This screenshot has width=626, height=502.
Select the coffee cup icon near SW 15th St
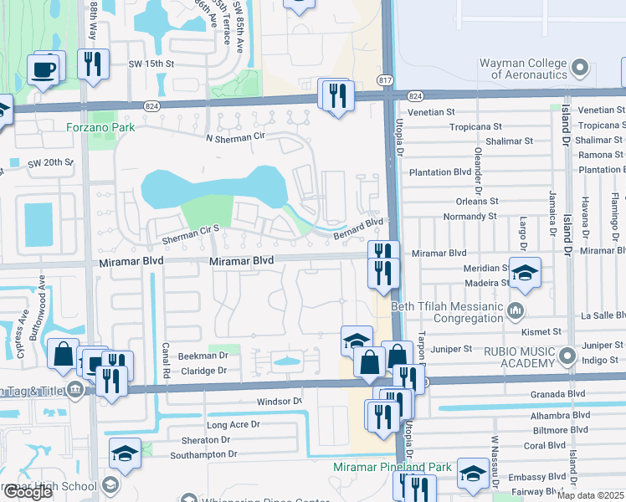point(44,70)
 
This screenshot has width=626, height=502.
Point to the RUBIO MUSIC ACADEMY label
point(511,356)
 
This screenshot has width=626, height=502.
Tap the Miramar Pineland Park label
point(393,467)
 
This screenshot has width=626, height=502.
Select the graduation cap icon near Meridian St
point(525,272)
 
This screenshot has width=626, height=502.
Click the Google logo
point(28,492)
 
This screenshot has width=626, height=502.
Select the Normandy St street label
point(470,216)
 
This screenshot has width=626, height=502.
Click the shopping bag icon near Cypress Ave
point(64,354)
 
